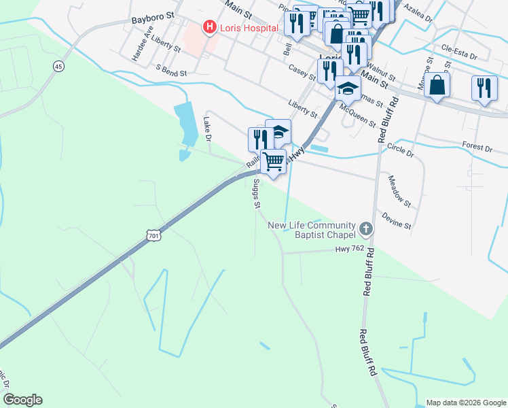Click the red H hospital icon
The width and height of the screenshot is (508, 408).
pyautogui.click(x=210, y=28)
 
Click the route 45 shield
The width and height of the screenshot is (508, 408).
pyautogui.click(x=58, y=66)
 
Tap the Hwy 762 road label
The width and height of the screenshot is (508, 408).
pyautogui.click(x=350, y=250)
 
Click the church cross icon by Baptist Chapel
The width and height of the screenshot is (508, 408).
pyautogui.click(x=367, y=229)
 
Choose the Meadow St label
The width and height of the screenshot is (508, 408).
pyautogui.click(x=399, y=191)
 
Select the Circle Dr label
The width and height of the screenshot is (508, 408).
pyautogui.click(x=400, y=149)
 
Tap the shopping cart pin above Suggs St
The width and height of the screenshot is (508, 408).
pyautogui.click(x=273, y=162)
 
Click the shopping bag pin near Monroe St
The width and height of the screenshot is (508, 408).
pyautogui.click(x=437, y=85)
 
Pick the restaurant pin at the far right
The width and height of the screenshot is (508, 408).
pyautogui.click(x=484, y=88)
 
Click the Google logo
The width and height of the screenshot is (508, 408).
pyautogui.click(x=22, y=399)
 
